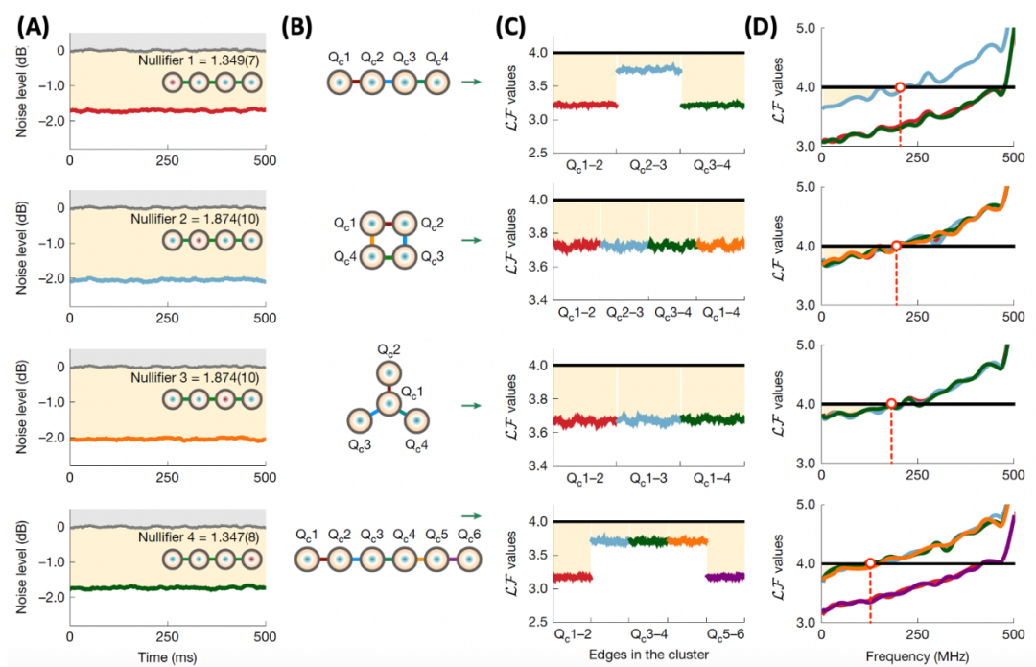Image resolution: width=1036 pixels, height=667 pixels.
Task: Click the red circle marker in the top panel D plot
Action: (900, 87)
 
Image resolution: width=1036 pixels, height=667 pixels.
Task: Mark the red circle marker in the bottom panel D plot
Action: (869, 563)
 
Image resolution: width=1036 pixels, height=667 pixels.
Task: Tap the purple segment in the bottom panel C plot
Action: (723, 577)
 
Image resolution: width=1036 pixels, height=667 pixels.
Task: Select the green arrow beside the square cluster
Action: (470, 240)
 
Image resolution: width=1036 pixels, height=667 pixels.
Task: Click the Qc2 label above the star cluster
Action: (388, 347)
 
